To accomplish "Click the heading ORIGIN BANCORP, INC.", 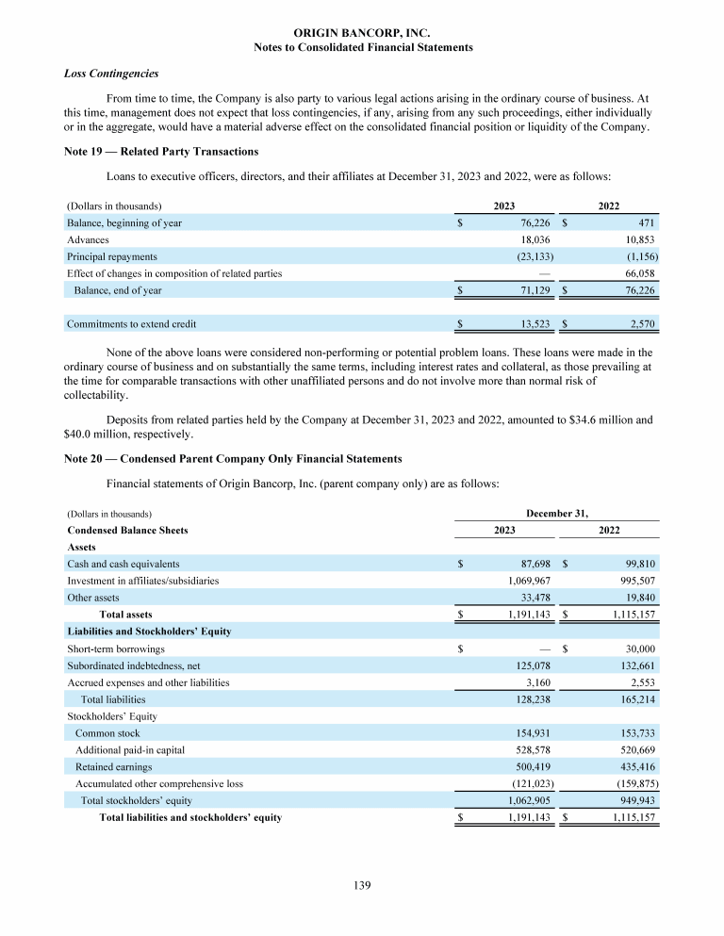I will (363, 32).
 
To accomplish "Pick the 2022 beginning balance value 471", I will (647, 223).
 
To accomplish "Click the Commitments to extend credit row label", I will (132, 324).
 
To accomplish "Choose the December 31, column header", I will (557, 513).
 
